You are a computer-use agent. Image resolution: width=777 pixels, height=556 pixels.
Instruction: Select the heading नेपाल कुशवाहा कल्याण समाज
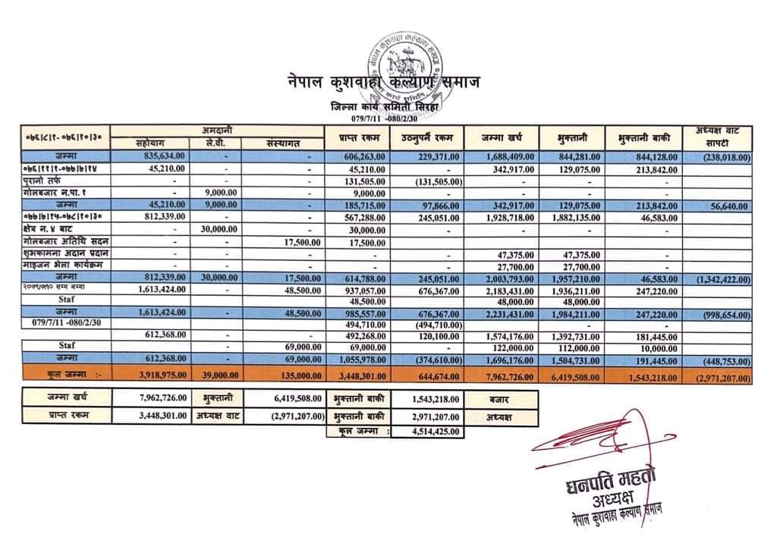[x=383, y=82]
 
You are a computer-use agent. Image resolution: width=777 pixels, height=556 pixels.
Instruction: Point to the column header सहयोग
[x=150, y=143]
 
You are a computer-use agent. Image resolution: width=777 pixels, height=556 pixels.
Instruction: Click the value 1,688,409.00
[x=510, y=156]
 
